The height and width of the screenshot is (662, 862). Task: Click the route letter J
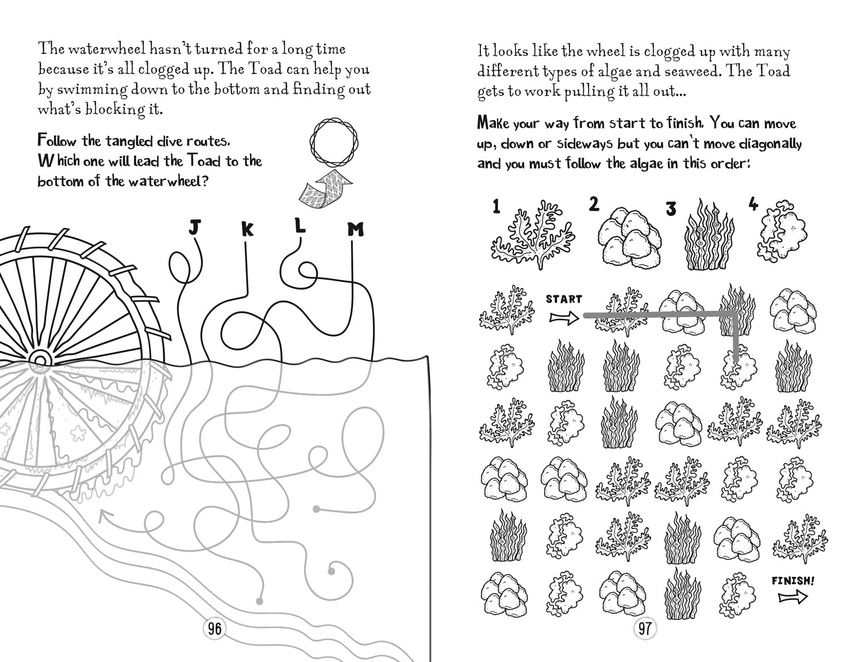[194, 228]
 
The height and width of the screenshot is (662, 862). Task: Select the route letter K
[247, 229]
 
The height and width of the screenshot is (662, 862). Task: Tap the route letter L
[301, 226]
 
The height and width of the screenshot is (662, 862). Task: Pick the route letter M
[355, 229]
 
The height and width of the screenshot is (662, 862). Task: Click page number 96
[214, 629]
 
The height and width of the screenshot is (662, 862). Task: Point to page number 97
[645, 628]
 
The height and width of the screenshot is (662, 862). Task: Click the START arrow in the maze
[564, 317]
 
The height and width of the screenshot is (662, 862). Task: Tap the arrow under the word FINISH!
[793, 597]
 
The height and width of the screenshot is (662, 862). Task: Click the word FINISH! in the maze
[792, 581]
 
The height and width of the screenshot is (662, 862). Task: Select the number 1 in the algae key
[497, 207]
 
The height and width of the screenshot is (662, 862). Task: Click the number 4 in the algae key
[753, 204]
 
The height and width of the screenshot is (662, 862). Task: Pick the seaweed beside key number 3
[709, 235]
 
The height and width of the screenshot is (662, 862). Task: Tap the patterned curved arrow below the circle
[326, 189]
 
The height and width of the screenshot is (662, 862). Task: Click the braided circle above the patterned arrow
[334, 142]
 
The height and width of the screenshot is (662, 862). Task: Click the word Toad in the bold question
[203, 161]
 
